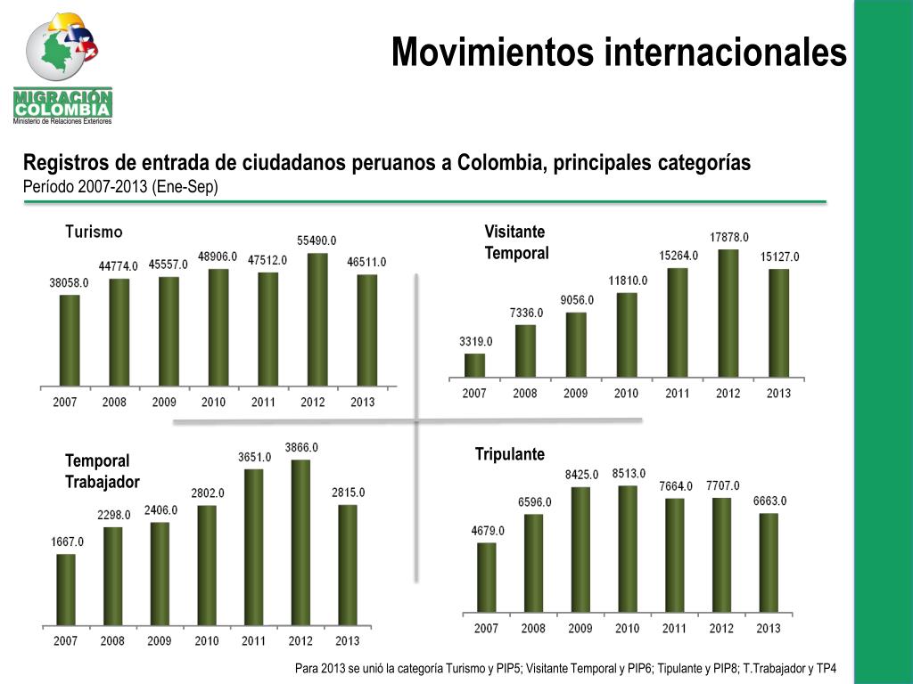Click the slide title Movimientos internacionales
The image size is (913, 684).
click(x=619, y=52)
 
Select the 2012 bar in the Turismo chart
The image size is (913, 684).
click(x=317, y=320)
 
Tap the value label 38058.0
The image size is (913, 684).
click(x=69, y=282)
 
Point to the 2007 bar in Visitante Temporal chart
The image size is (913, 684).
click(x=475, y=365)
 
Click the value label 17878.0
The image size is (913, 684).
click(x=729, y=237)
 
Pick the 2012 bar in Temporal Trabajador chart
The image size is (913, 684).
click(x=301, y=542)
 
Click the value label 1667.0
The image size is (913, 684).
click(x=66, y=541)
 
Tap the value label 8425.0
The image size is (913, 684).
click(x=581, y=475)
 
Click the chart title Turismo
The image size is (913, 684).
click(x=94, y=232)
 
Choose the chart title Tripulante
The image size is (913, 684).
click(x=509, y=454)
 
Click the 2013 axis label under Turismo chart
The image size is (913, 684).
click(x=362, y=402)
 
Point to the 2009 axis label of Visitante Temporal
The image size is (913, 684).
click(x=575, y=393)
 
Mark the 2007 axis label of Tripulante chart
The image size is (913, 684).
click(x=486, y=629)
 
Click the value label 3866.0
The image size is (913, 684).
click(x=301, y=447)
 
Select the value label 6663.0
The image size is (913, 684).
click(x=769, y=501)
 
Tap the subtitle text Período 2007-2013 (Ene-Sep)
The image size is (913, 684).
click(x=120, y=186)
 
